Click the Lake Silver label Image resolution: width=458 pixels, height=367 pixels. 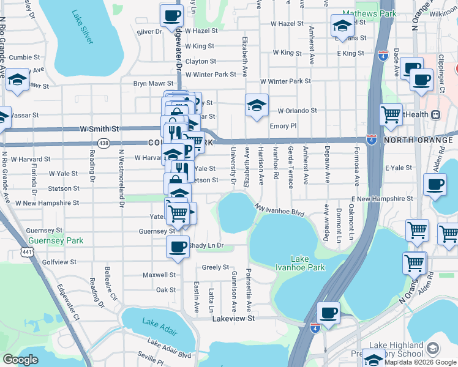click(82, 26)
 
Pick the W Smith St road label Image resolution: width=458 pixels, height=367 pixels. click(99, 130)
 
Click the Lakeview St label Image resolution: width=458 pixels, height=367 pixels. click(233, 319)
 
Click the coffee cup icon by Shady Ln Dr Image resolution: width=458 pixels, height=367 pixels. click(178, 247)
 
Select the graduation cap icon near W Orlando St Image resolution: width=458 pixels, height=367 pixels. click(257, 104)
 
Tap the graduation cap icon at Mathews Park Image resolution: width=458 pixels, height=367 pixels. click(342, 26)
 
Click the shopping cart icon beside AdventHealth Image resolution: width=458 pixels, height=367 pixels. click(390, 114)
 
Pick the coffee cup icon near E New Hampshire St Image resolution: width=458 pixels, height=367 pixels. click(435, 184)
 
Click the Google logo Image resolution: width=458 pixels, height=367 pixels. click(20, 360)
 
